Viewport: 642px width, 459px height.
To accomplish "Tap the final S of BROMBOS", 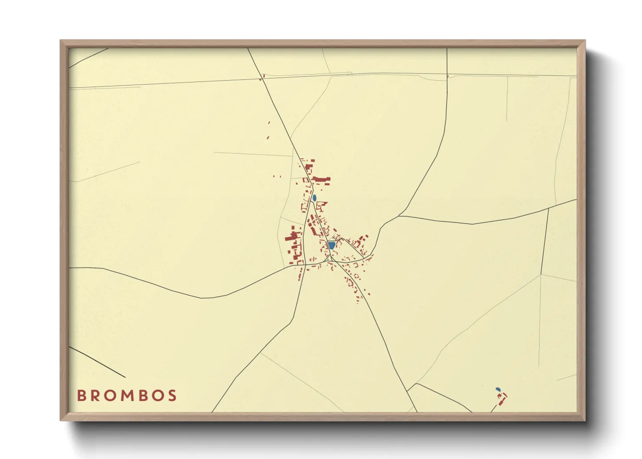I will pyautogui.click(x=173, y=396).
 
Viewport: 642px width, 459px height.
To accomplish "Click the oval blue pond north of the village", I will pyautogui.click(x=314, y=198).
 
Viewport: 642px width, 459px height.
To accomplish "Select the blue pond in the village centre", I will pyautogui.click(x=332, y=246).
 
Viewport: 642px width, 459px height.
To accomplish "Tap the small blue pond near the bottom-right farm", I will pyautogui.click(x=498, y=389).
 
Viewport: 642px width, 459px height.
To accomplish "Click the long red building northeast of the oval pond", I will pyautogui.click(x=321, y=179).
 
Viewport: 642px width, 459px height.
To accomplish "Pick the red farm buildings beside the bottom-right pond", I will pyautogui.click(x=502, y=398).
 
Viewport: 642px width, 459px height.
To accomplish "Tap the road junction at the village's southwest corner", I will pyautogui.click(x=305, y=264).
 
